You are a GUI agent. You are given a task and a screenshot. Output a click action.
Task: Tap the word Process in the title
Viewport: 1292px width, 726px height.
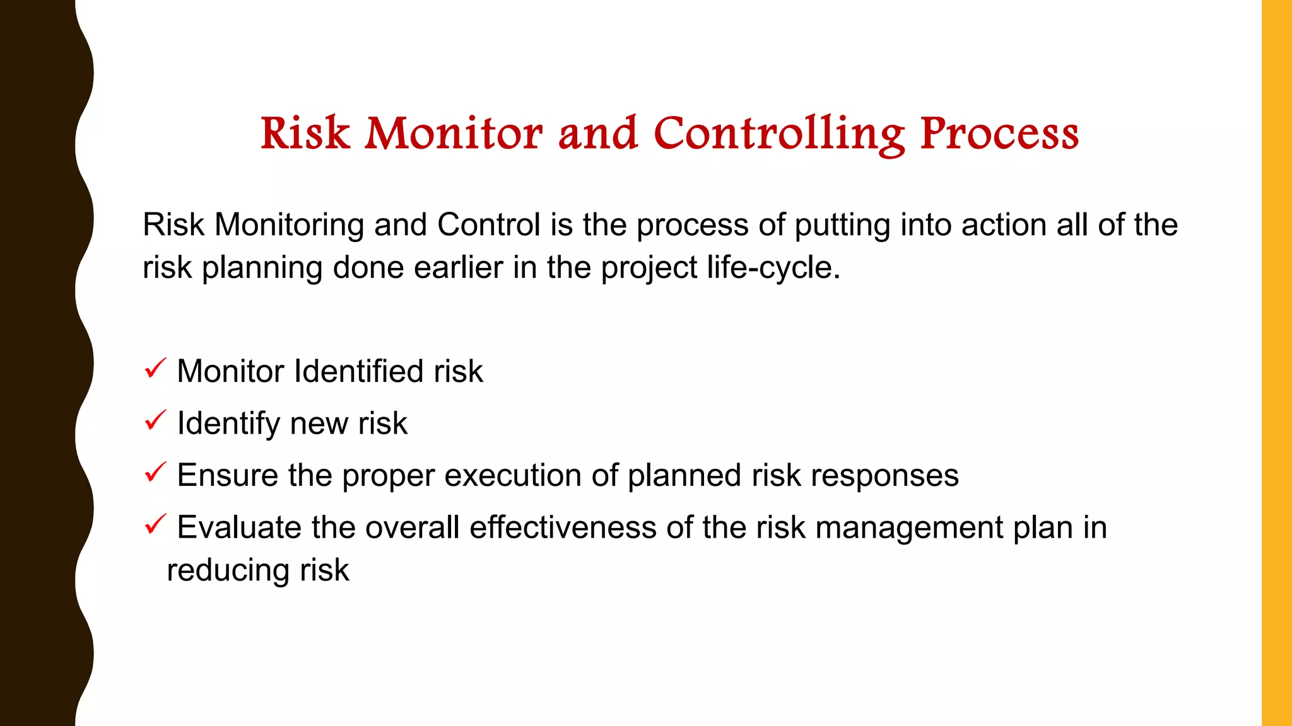(x=999, y=134)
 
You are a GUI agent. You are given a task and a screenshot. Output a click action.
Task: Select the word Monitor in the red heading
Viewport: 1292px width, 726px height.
(x=453, y=134)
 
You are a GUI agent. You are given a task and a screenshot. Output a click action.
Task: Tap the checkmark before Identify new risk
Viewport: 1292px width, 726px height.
(x=155, y=420)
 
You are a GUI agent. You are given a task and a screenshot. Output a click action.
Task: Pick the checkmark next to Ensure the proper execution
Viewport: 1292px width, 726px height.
(x=155, y=472)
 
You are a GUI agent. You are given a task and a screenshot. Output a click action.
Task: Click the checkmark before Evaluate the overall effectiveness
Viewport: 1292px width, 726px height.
(x=155, y=524)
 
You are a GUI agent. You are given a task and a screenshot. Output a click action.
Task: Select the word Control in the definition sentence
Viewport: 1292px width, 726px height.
(x=489, y=225)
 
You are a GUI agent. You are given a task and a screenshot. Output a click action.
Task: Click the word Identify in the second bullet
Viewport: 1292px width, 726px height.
(x=228, y=423)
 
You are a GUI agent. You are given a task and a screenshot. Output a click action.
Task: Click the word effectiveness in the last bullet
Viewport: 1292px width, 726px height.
(x=563, y=527)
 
